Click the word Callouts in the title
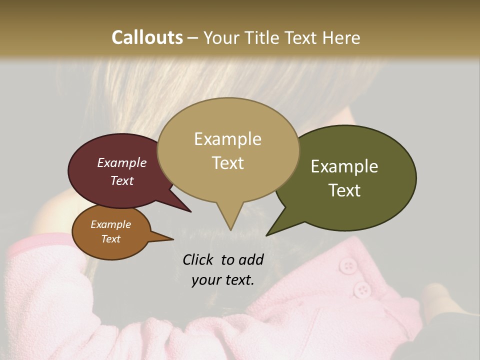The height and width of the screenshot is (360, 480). pos(147,37)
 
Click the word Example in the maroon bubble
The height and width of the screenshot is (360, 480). pos(121,163)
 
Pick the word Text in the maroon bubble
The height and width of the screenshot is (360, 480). pos(121,180)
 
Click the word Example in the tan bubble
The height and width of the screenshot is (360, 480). pos(227,139)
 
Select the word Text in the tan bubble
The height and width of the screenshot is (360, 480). pos(227,163)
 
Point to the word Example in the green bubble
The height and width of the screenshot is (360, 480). pos(344,166)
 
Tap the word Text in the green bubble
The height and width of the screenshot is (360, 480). pos(345,190)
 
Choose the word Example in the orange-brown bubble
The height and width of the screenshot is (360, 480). pos(110,224)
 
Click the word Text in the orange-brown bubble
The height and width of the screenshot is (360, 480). pos(110,239)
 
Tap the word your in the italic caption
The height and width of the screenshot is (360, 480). pos(205,280)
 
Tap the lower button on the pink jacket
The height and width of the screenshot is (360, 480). pos(361,288)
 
